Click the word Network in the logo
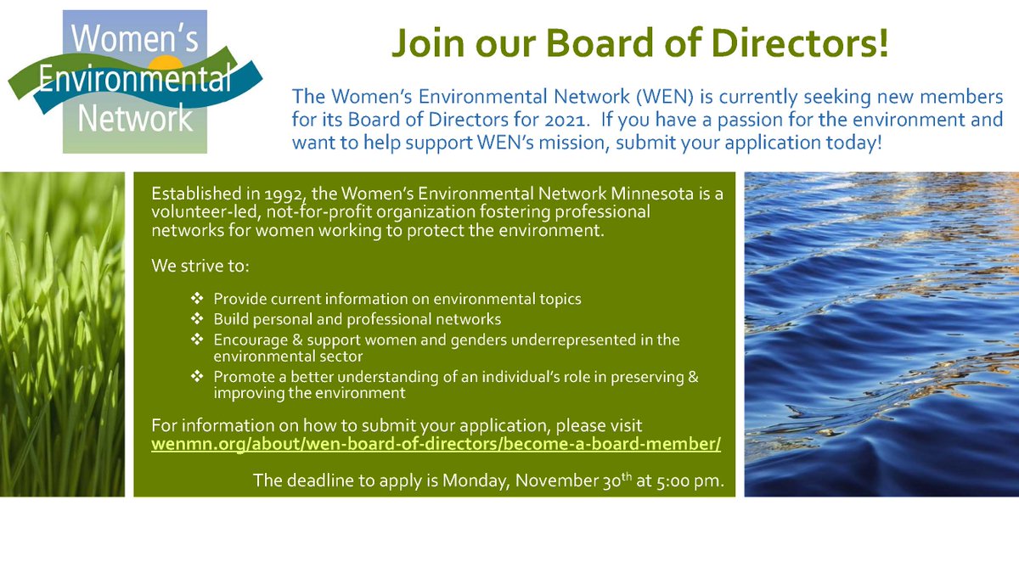[136, 119]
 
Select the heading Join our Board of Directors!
[639, 44]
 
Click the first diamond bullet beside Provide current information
[197, 300]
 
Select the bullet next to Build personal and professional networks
[197, 320]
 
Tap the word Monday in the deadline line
[465, 481]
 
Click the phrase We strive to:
[200, 267]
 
